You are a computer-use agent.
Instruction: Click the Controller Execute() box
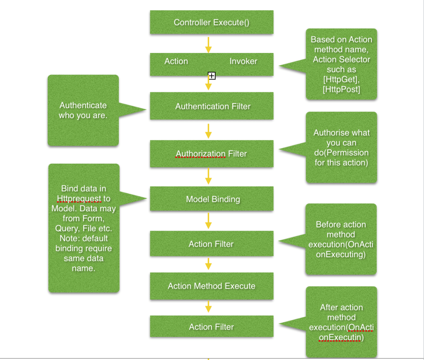(211, 22)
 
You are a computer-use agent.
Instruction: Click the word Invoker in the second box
(243, 61)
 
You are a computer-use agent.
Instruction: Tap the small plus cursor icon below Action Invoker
(212, 75)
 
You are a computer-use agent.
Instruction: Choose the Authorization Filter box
(211, 154)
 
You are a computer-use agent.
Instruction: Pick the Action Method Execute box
(211, 286)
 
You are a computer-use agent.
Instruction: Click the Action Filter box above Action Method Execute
(211, 244)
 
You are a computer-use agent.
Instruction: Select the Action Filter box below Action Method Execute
(211, 327)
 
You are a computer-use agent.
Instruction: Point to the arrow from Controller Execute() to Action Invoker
(208, 44)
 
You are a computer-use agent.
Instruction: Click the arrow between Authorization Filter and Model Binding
(208, 176)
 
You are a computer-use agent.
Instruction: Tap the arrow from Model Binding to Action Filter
(208, 221)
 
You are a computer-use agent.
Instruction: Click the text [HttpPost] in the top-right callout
(341, 89)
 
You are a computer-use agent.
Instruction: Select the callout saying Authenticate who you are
(83, 110)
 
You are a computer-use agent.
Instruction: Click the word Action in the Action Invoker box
(176, 61)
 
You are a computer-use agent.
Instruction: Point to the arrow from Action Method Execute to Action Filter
(208, 307)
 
